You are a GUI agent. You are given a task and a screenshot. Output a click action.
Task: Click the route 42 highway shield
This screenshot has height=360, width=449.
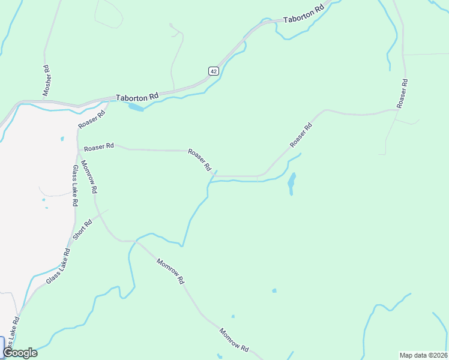214,71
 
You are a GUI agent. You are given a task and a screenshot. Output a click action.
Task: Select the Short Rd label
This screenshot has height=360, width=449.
82,230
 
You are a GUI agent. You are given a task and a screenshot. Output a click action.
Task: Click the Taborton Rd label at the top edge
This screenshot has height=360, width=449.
304,14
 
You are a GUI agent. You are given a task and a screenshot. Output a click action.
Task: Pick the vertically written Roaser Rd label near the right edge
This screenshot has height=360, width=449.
402,94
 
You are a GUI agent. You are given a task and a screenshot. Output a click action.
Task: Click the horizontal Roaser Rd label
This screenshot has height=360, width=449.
99,147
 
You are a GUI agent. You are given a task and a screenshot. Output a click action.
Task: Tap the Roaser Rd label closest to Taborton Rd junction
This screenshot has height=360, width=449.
92,117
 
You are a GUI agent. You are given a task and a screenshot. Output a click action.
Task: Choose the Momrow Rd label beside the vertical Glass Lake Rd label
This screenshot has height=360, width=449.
89,178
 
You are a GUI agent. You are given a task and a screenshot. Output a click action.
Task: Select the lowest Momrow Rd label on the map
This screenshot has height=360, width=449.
234,340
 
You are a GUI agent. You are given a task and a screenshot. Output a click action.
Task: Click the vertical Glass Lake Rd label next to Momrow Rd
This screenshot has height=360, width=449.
74,185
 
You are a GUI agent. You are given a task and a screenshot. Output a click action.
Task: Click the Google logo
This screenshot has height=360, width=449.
20,353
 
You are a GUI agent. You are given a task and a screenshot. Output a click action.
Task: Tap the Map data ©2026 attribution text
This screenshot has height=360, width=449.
423,355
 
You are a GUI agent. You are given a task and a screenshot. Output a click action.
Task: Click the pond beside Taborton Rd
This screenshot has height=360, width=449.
136,107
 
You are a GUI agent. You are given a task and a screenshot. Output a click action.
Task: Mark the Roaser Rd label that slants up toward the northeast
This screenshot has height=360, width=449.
301,135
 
